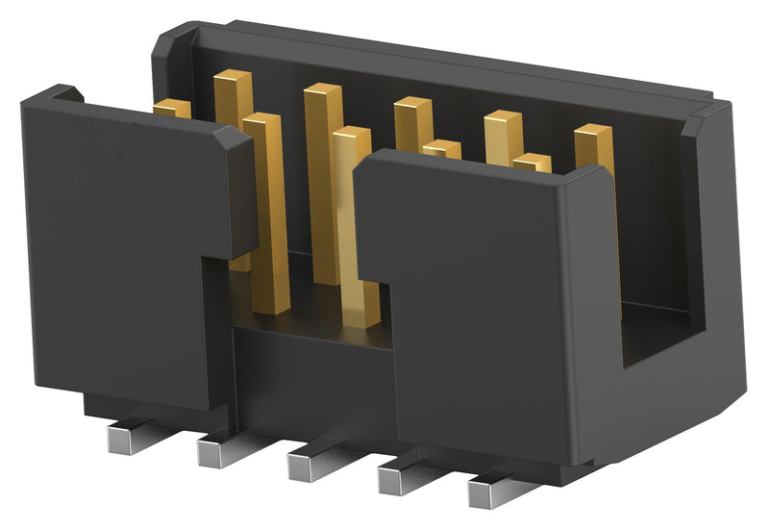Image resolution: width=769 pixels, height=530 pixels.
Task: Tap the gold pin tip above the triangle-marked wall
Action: click(172, 109)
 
